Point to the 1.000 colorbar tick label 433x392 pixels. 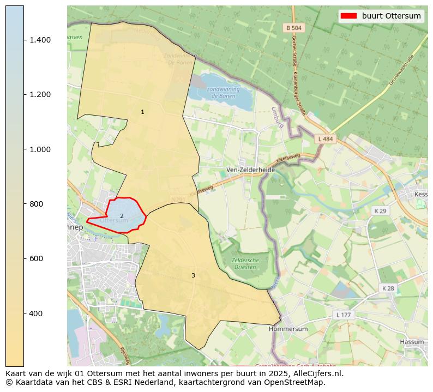[x=40, y=149]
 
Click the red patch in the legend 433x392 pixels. [x=348, y=16]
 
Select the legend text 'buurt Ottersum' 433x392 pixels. [x=392, y=16]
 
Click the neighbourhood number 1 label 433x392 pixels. [x=142, y=112]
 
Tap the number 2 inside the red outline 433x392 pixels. [x=122, y=216]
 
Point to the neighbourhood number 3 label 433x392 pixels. [x=193, y=276]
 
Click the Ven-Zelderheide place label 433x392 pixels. [x=251, y=170]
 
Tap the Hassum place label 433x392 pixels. [x=412, y=342]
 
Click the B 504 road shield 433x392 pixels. [x=293, y=28]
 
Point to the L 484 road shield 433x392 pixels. [x=326, y=140]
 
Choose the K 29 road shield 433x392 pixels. [x=380, y=211]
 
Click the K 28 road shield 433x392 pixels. [x=388, y=288]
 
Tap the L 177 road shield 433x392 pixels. [x=344, y=315]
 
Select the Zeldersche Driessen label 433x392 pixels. [x=245, y=264]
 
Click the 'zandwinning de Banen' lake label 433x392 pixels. [x=223, y=93]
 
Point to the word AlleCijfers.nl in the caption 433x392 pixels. [x=316, y=374]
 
